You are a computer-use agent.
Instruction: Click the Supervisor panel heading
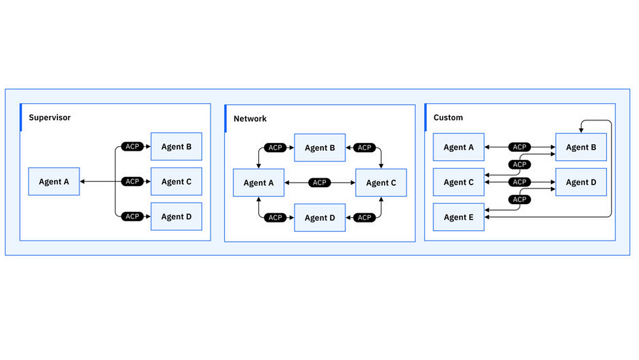(x=50, y=118)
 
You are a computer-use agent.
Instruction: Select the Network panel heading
(x=250, y=119)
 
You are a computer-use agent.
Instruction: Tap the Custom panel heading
(x=448, y=118)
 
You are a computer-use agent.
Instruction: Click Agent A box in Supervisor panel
(x=54, y=181)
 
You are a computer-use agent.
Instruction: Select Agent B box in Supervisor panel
(x=176, y=147)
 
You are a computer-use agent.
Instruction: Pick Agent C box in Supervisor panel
(x=176, y=181)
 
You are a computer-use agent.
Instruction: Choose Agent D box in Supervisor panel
(x=176, y=217)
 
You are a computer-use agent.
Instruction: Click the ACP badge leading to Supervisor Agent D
(x=132, y=217)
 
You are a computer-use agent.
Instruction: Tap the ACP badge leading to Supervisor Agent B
(x=132, y=147)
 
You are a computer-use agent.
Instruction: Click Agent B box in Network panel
(x=319, y=148)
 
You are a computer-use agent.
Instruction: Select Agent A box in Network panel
(x=259, y=183)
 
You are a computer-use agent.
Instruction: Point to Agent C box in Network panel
(x=381, y=183)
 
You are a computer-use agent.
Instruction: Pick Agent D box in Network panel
(x=319, y=218)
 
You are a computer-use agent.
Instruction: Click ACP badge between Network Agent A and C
(x=319, y=183)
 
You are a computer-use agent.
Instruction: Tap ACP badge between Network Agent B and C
(x=364, y=148)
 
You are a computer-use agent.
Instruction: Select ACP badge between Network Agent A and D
(x=275, y=218)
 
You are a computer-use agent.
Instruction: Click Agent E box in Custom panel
(x=458, y=217)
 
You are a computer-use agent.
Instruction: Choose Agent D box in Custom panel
(x=580, y=182)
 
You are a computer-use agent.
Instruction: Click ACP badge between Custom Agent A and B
(x=520, y=147)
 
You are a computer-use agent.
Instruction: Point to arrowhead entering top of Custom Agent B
(x=580, y=130)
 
